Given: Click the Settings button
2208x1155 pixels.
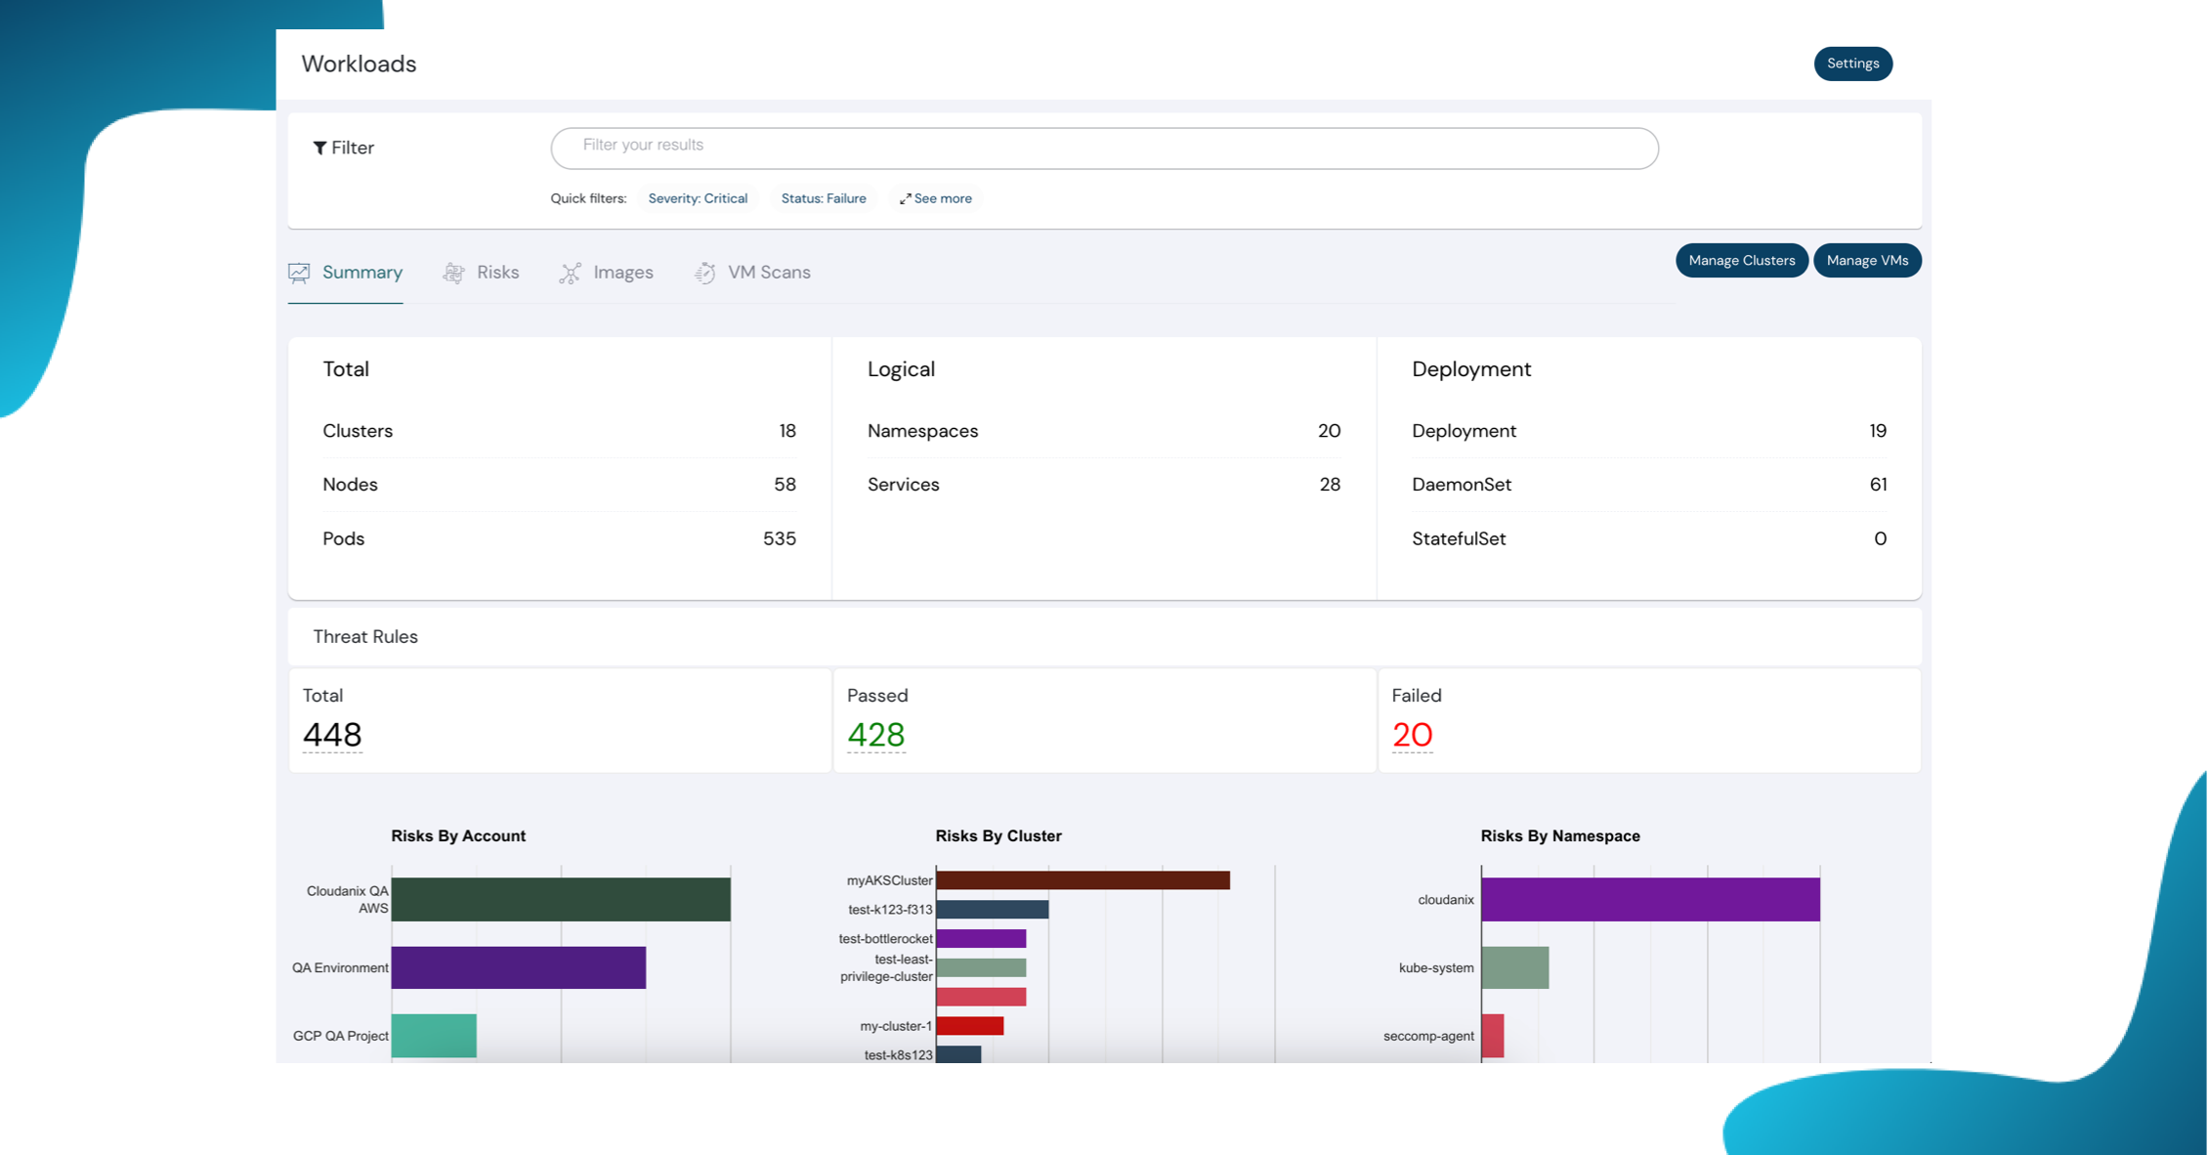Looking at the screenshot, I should coord(1852,64).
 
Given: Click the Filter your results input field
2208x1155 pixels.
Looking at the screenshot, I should coord(1104,148).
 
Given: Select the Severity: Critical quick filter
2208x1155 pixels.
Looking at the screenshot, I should coord(698,198).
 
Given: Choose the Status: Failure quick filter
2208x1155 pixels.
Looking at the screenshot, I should coord(823,198).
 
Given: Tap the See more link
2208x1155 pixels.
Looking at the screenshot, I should coord(936,198).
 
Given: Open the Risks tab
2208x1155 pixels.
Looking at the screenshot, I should coord(482,273).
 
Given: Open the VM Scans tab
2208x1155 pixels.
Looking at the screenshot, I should coord(752,273).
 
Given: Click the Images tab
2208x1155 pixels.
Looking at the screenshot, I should coord(607,273).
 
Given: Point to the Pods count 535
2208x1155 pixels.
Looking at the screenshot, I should coord(779,538).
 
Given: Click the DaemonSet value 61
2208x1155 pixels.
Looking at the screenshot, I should coord(1877,485).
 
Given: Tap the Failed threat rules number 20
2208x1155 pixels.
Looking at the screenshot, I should coord(1412,735).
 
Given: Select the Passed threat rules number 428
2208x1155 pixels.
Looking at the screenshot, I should coord(875,735).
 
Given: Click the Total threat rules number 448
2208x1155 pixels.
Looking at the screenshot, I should coord(332,735).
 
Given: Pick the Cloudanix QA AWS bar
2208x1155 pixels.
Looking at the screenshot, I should coord(561,899).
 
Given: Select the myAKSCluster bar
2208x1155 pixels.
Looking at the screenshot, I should coord(1083,880).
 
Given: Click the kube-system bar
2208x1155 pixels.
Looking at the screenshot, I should coord(1514,967).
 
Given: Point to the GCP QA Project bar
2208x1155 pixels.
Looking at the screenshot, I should coord(434,1036).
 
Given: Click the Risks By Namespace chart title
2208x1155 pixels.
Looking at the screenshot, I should coord(1559,835).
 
